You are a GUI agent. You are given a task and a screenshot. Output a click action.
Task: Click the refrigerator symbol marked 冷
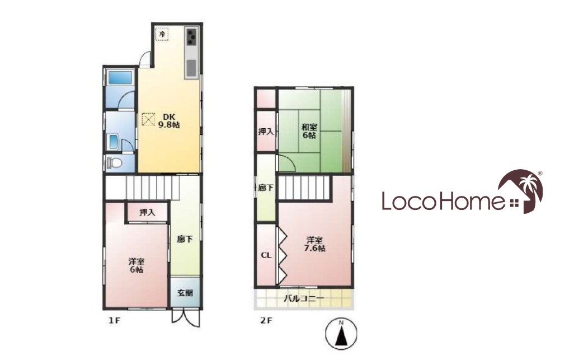click(x=162, y=34)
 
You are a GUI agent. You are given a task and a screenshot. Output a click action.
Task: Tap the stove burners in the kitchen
click(x=191, y=36)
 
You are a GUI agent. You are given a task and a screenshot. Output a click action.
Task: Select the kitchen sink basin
click(x=191, y=68)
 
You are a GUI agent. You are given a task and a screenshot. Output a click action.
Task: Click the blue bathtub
click(x=120, y=77)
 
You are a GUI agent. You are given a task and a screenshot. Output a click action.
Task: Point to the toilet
click(x=114, y=162)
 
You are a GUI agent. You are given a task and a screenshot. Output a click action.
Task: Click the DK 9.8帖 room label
click(x=169, y=121)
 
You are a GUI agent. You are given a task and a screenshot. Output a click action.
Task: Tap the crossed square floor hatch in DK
click(x=148, y=119)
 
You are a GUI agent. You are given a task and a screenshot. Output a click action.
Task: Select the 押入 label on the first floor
click(x=148, y=212)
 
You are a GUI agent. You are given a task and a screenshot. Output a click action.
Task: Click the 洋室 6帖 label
click(x=136, y=266)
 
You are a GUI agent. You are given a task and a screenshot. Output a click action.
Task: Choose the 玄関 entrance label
click(x=185, y=293)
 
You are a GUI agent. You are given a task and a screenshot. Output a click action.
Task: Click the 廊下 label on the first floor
click(x=185, y=239)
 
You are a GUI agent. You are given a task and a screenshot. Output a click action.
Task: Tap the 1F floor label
click(x=114, y=320)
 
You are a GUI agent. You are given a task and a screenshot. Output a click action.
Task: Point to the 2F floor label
click(x=266, y=320)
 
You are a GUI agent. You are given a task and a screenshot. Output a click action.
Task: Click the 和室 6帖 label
click(x=309, y=131)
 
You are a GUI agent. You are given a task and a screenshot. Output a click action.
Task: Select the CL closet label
click(x=266, y=255)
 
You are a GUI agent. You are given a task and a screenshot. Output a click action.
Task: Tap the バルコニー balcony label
click(x=304, y=298)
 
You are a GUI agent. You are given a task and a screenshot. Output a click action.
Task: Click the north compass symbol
click(x=341, y=333)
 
